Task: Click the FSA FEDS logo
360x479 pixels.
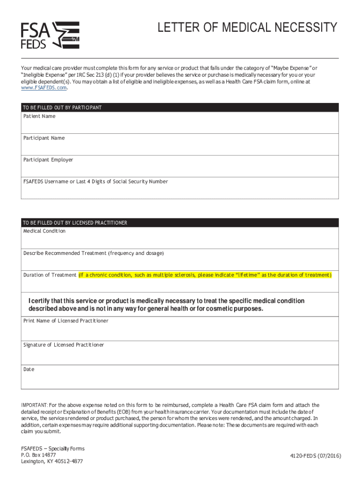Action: [50, 35]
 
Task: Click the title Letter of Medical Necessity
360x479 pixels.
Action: [246, 28]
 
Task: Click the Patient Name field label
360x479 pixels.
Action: [39, 116]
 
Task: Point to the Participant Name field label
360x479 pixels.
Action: [44, 138]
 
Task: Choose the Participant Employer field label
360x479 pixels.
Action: [48, 160]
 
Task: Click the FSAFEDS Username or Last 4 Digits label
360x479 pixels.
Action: [95, 181]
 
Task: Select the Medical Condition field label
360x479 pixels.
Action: [44, 231]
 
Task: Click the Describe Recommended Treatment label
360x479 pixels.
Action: [94, 253]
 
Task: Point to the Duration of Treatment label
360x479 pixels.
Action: [50, 275]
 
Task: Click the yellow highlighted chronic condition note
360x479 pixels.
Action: [205, 275]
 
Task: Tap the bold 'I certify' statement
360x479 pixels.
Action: [166, 305]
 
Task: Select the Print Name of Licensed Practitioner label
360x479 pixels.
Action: [66, 321]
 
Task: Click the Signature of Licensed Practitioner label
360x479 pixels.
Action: [64, 345]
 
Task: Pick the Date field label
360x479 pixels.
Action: [29, 369]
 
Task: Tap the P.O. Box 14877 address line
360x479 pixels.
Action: [38, 455]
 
